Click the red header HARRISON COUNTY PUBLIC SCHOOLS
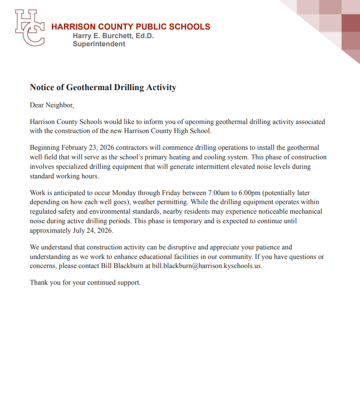coord(130,27)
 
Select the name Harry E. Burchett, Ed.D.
coord(113,36)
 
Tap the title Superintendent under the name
coord(99,44)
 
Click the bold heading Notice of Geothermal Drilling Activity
coord(103,87)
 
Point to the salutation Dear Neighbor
coord(52,104)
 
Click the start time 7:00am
coord(222,193)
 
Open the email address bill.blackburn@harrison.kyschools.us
coord(207,266)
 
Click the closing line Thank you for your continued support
coord(85,282)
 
